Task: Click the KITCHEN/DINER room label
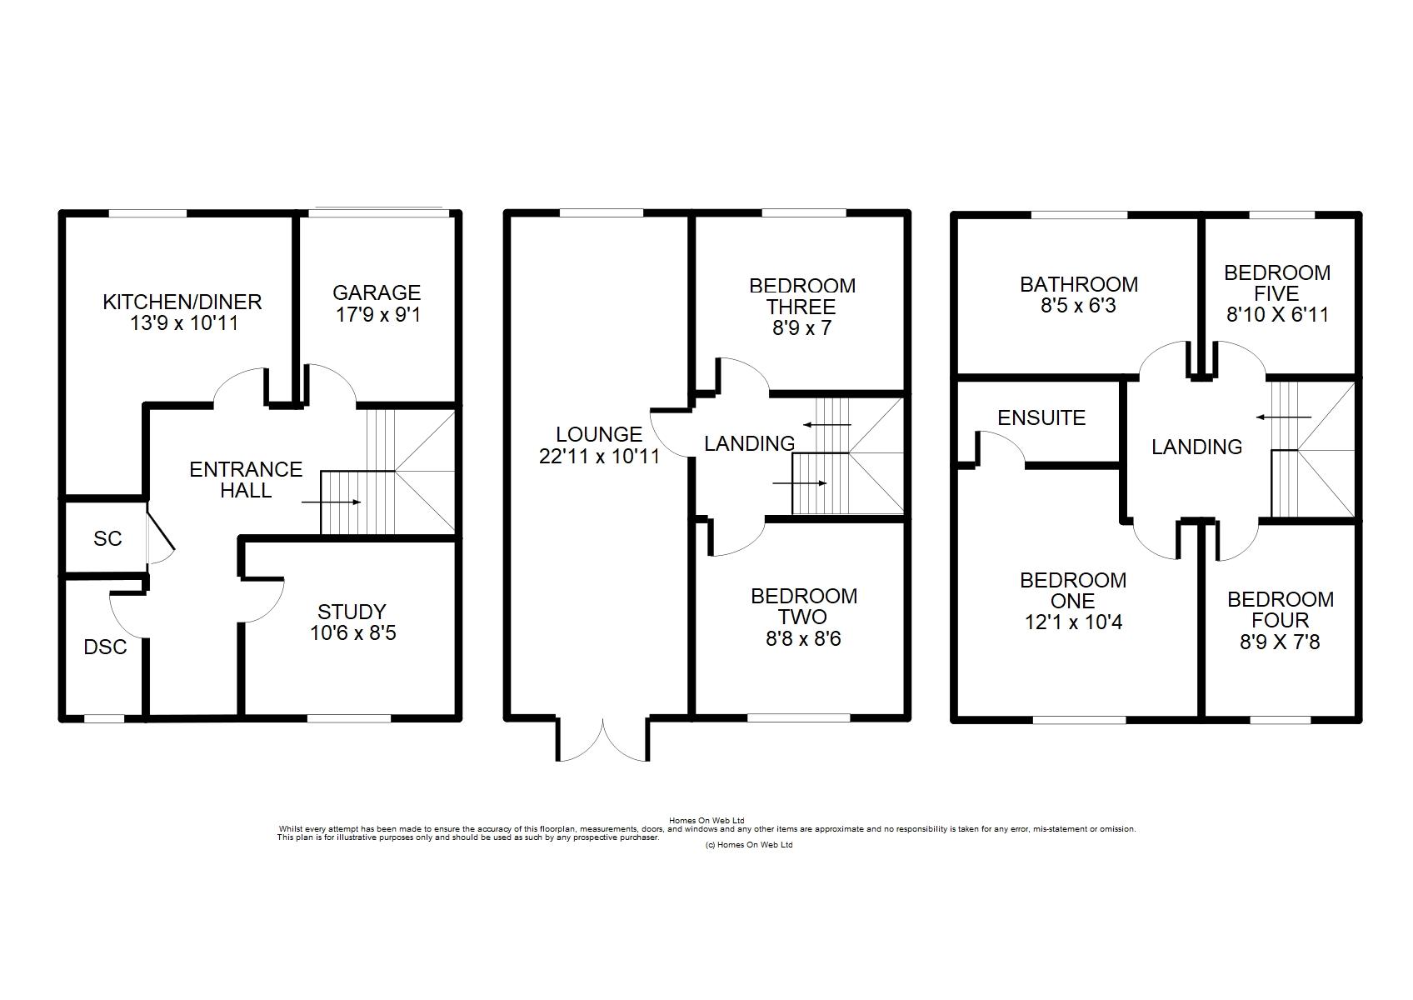pos(182,302)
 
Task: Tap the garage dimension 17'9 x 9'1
pos(377,314)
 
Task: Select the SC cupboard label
pos(107,539)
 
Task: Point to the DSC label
pos(105,647)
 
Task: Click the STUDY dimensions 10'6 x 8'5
pos(352,632)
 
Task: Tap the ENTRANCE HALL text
pos(246,479)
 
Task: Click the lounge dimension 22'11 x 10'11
pos(599,456)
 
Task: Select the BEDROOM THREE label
pos(802,297)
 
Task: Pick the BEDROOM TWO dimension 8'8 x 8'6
pos(803,639)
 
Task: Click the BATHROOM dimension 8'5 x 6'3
pos(1079,306)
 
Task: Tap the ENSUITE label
pos(1041,417)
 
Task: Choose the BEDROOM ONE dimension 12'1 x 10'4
pos(1074,622)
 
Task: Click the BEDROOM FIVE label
pos(1277,283)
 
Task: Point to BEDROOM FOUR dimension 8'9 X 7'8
pos(1280,642)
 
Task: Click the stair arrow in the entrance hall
pos(332,502)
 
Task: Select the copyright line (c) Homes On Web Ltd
pos(749,845)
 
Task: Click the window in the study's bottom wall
pos(348,718)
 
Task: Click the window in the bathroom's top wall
pos(1079,215)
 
